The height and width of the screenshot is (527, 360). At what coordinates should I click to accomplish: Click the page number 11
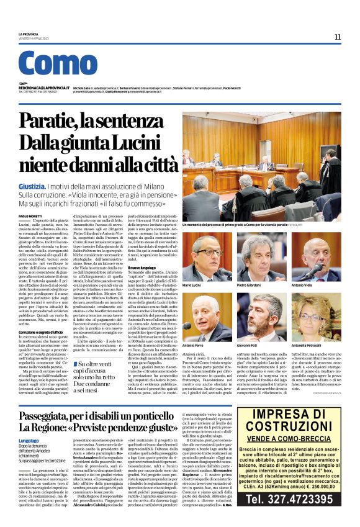pos(338,37)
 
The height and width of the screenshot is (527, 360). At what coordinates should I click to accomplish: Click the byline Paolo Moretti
pos(30,215)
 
